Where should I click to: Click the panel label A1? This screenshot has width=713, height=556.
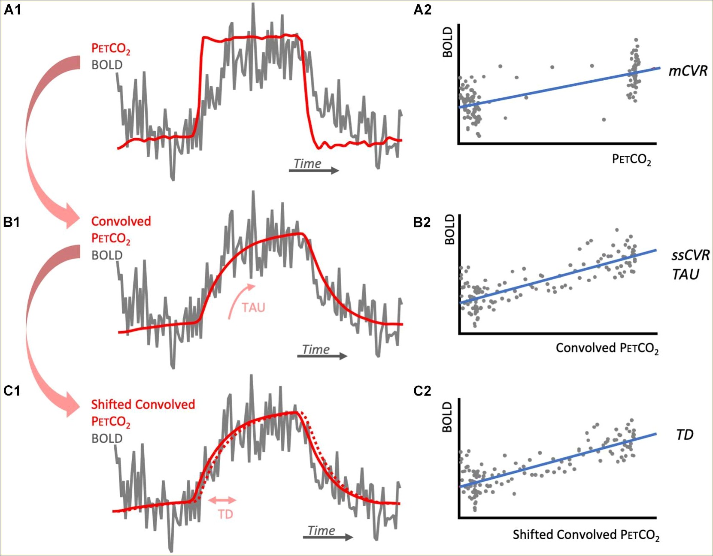click(12, 9)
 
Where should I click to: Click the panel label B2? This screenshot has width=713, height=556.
click(422, 222)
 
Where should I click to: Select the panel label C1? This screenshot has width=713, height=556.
click(12, 391)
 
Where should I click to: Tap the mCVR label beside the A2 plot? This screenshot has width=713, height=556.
click(688, 71)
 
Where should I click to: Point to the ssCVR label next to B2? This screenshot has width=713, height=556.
click(690, 255)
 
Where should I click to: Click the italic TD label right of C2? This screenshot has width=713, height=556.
click(685, 435)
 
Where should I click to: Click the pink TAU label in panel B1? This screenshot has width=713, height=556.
click(253, 308)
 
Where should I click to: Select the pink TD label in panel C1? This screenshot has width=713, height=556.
click(225, 514)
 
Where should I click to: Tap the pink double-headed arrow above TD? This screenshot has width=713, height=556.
click(222, 500)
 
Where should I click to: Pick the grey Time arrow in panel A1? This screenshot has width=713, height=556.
click(314, 171)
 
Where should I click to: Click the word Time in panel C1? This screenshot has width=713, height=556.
click(322, 531)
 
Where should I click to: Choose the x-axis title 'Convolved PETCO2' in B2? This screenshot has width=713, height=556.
click(607, 348)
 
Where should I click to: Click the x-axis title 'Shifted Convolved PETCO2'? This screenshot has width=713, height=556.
click(586, 535)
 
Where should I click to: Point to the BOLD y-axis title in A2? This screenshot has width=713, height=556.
click(448, 42)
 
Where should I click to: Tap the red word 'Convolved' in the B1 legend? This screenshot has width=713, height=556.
click(121, 221)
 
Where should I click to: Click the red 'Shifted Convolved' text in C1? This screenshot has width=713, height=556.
click(143, 405)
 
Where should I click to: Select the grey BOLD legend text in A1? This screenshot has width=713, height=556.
click(107, 65)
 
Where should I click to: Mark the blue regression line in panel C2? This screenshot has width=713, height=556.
click(558, 460)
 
